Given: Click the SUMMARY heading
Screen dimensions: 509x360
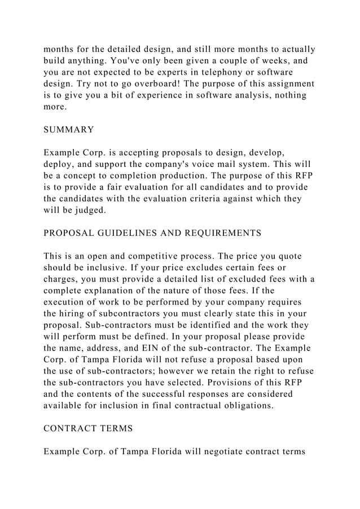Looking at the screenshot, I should click(69, 129).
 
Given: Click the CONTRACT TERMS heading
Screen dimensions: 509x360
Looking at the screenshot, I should click(88, 428).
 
